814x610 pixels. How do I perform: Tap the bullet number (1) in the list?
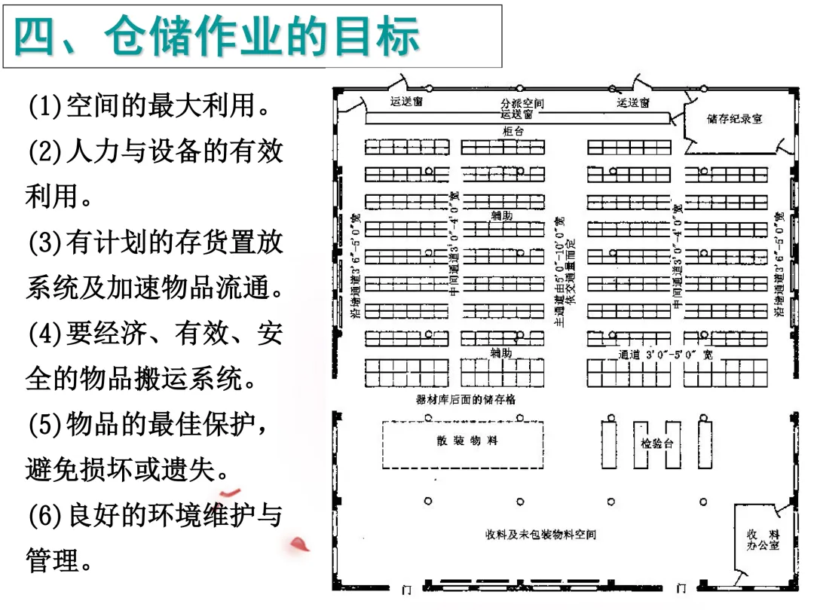coord(44,106)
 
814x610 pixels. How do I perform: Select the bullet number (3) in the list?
coord(44,242)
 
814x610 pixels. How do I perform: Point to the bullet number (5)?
coord(44,425)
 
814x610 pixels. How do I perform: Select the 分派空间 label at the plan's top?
coord(522,103)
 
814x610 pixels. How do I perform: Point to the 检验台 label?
coord(656,444)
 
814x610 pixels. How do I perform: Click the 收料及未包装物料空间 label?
coord(540,535)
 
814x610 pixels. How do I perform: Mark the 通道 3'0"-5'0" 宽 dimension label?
coord(665,354)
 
